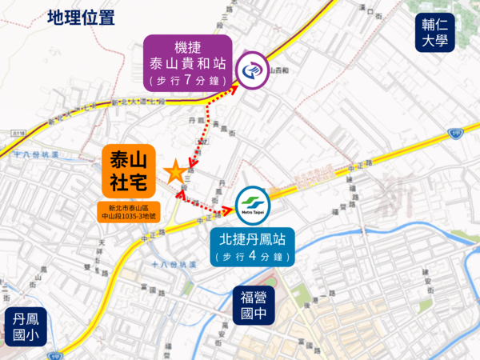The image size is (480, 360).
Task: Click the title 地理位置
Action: (81, 18)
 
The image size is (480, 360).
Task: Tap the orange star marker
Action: (174, 171)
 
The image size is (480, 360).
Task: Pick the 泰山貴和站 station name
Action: (189, 62)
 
